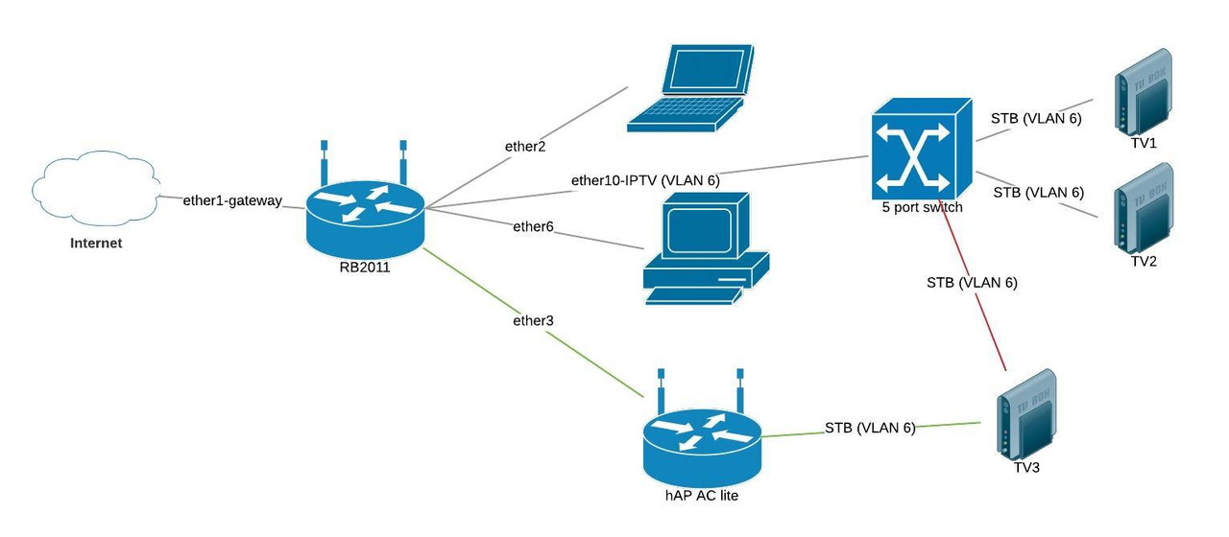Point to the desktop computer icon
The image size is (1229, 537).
706,247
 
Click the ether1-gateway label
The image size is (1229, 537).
232,200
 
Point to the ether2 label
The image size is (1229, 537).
525,147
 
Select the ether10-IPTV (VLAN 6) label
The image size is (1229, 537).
644,179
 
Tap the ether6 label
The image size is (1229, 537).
533,226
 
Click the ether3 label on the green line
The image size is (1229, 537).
534,320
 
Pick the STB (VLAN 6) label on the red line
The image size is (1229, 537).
972,283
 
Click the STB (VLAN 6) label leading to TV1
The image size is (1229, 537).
1036,119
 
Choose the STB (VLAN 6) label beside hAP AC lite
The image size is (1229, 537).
870,428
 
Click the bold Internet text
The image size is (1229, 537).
96,244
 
